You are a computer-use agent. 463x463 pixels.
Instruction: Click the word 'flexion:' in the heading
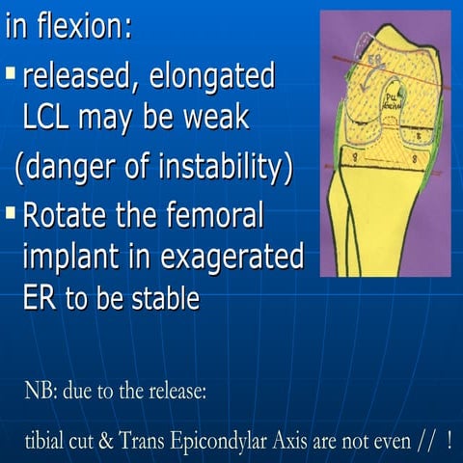83,26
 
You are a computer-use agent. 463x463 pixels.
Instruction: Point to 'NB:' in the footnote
42,394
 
